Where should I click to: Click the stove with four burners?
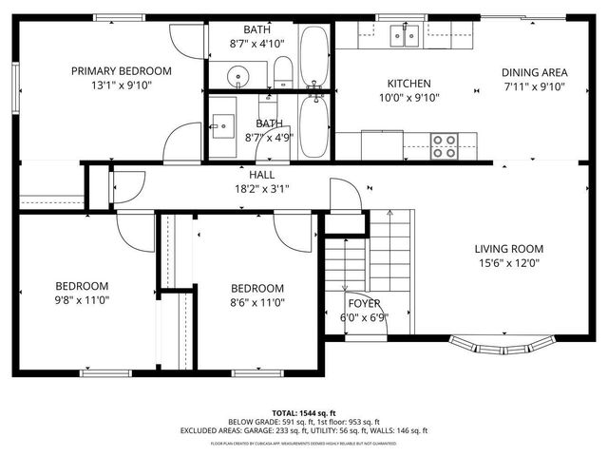(444, 145)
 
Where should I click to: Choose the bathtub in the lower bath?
(314, 126)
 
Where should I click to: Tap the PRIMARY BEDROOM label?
(122, 70)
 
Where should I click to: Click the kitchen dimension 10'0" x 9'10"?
(408, 98)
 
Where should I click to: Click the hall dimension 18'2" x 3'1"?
(262, 188)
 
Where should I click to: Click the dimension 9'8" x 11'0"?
(81, 300)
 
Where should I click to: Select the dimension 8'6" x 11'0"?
(256, 302)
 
